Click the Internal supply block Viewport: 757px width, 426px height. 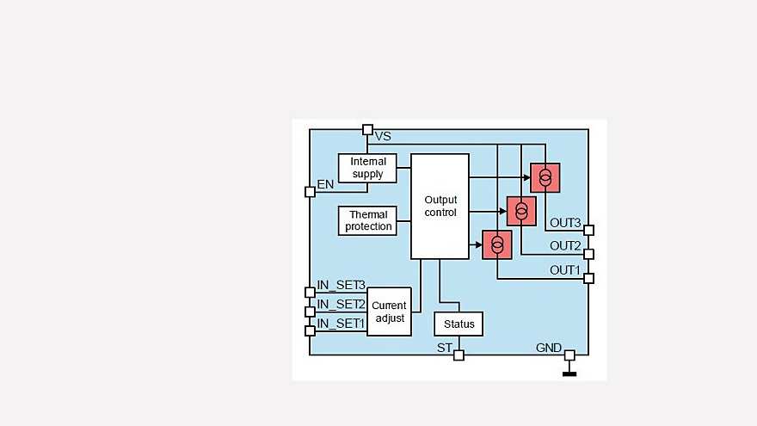[x=368, y=168]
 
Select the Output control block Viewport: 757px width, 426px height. [x=440, y=206]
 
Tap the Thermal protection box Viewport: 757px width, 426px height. [x=368, y=220]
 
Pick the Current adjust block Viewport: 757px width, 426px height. [x=389, y=312]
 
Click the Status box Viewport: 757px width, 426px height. [x=459, y=324]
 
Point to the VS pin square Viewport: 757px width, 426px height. [x=367, y=130]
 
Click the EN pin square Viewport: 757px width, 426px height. [x=310, y=191]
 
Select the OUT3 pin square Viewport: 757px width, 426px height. [x=588, y=230]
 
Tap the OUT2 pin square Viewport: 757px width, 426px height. [x=588, y=254]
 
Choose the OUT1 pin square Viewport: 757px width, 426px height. [x=588, y=277]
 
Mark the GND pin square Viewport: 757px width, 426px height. [x=569, y=355]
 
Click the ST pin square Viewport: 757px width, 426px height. [x=459, y=355]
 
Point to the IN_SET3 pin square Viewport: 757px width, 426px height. [x=310, y=292]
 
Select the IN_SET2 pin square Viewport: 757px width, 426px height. [x=310, y=311]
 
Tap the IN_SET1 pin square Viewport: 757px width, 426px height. [x=310, y=330]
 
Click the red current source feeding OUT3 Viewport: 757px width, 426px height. [x=545, y=177]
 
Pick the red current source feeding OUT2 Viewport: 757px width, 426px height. [x=521, y=211]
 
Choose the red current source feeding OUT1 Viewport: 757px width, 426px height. [x=497, y=244]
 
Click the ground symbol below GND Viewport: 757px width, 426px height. [x=569, y=374]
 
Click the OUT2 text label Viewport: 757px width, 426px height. [x=565, y=246]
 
